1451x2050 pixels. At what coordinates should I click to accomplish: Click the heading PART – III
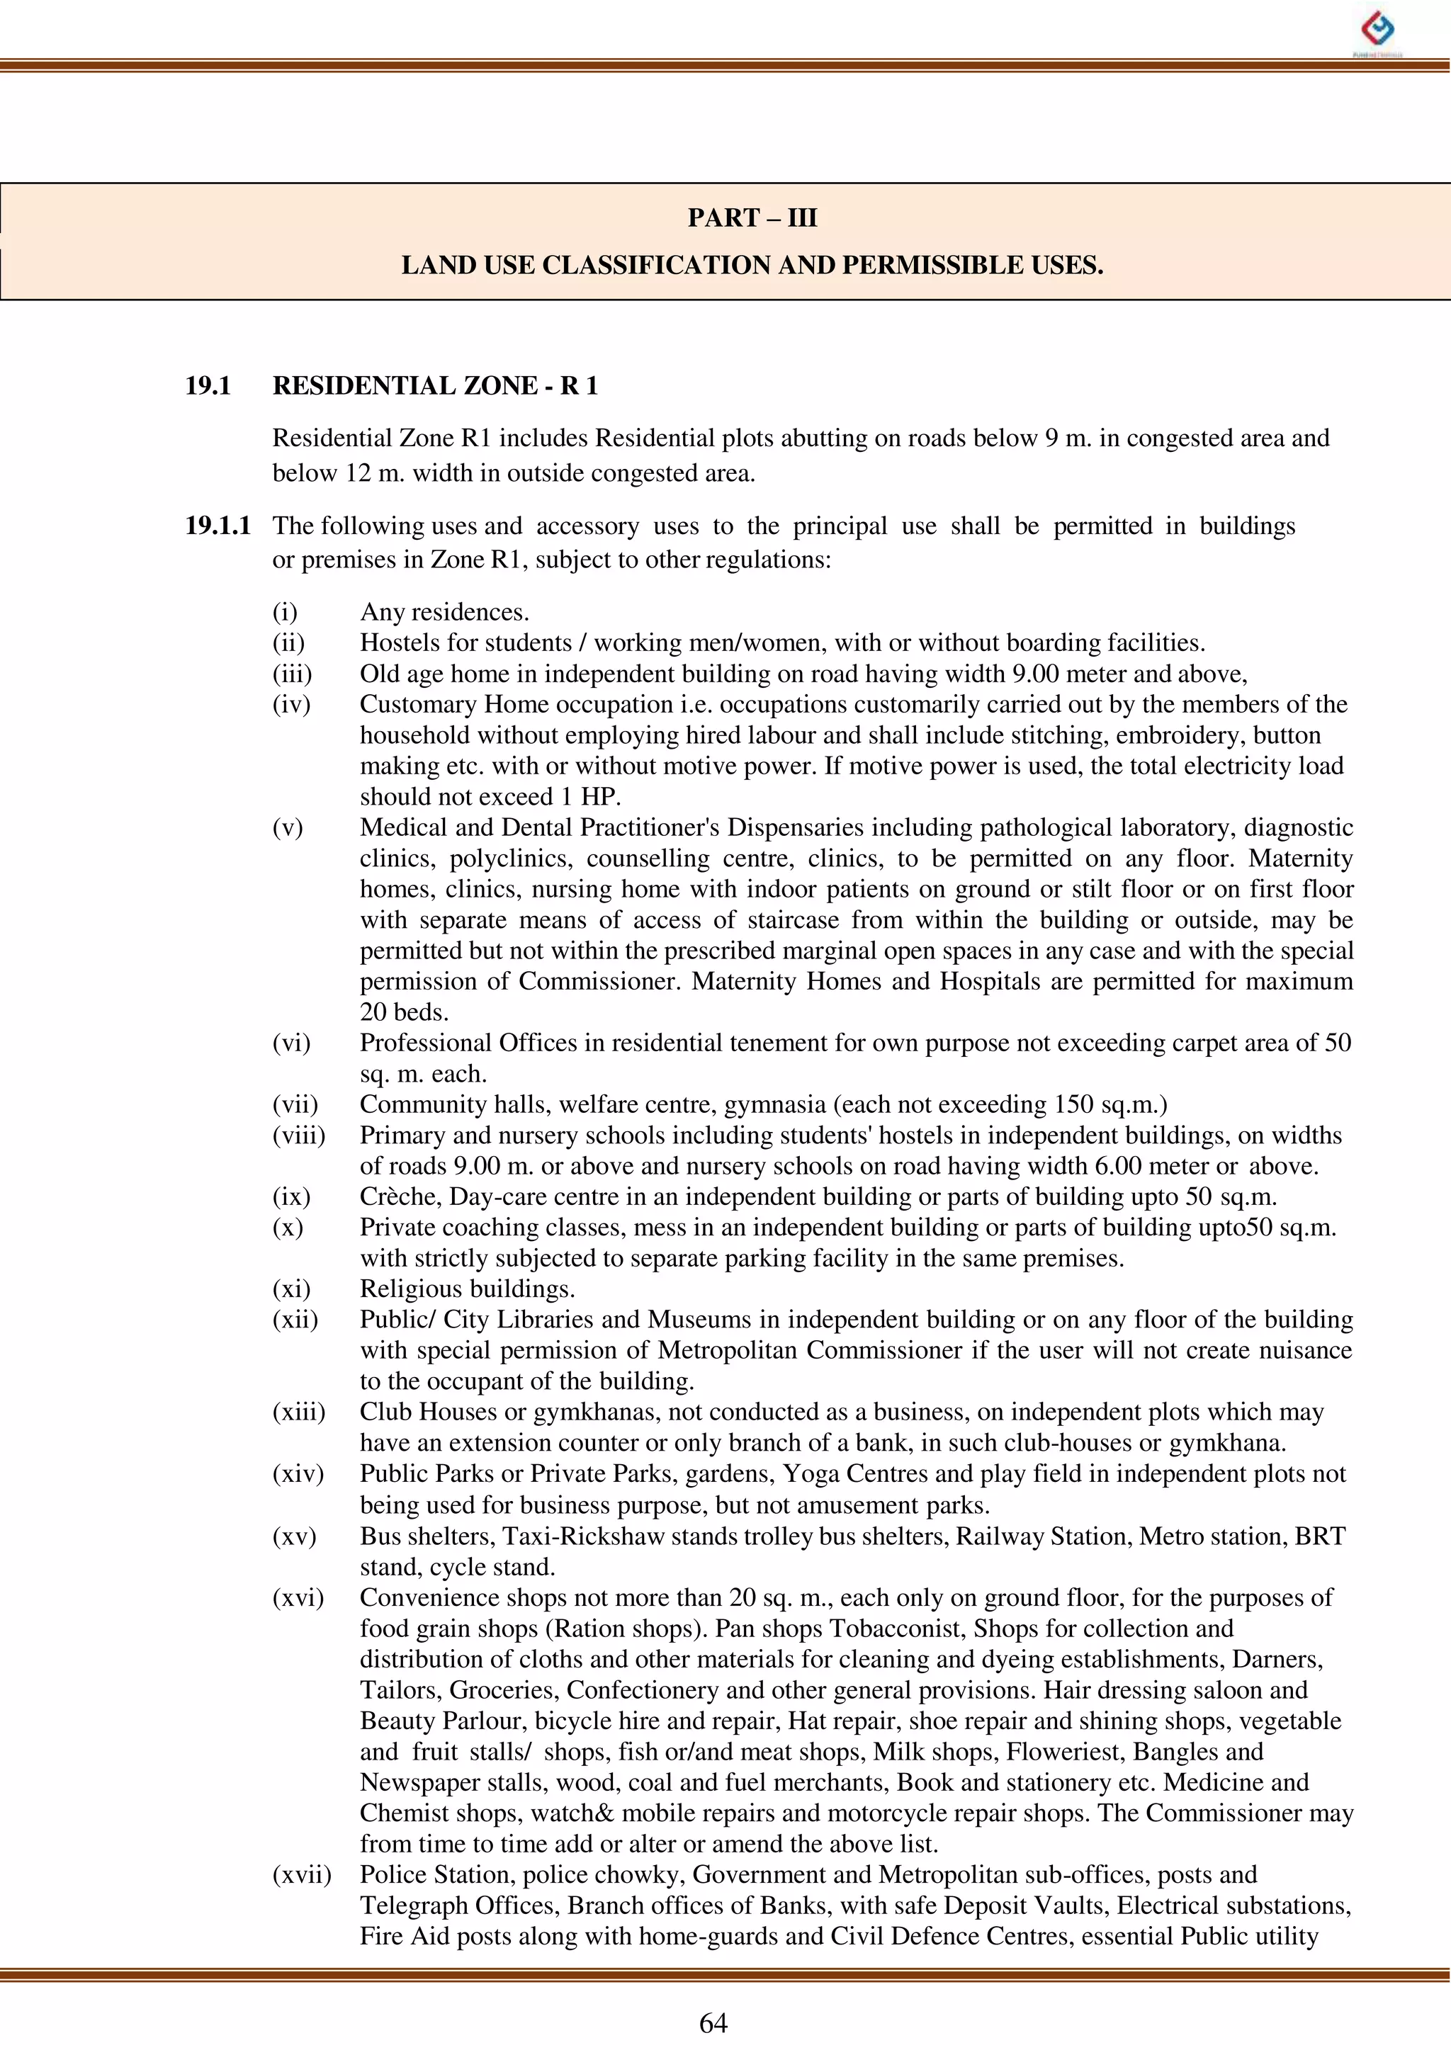coord(752,218)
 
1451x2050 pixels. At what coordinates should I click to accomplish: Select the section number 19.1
coord(208,386)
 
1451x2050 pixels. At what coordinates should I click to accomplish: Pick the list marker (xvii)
coord(301,1875)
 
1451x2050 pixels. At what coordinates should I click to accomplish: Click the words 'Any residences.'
coord(444,612)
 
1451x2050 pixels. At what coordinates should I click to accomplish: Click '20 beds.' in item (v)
coord(404,1012)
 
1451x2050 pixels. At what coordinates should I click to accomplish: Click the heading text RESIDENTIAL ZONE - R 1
coord(435,386)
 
